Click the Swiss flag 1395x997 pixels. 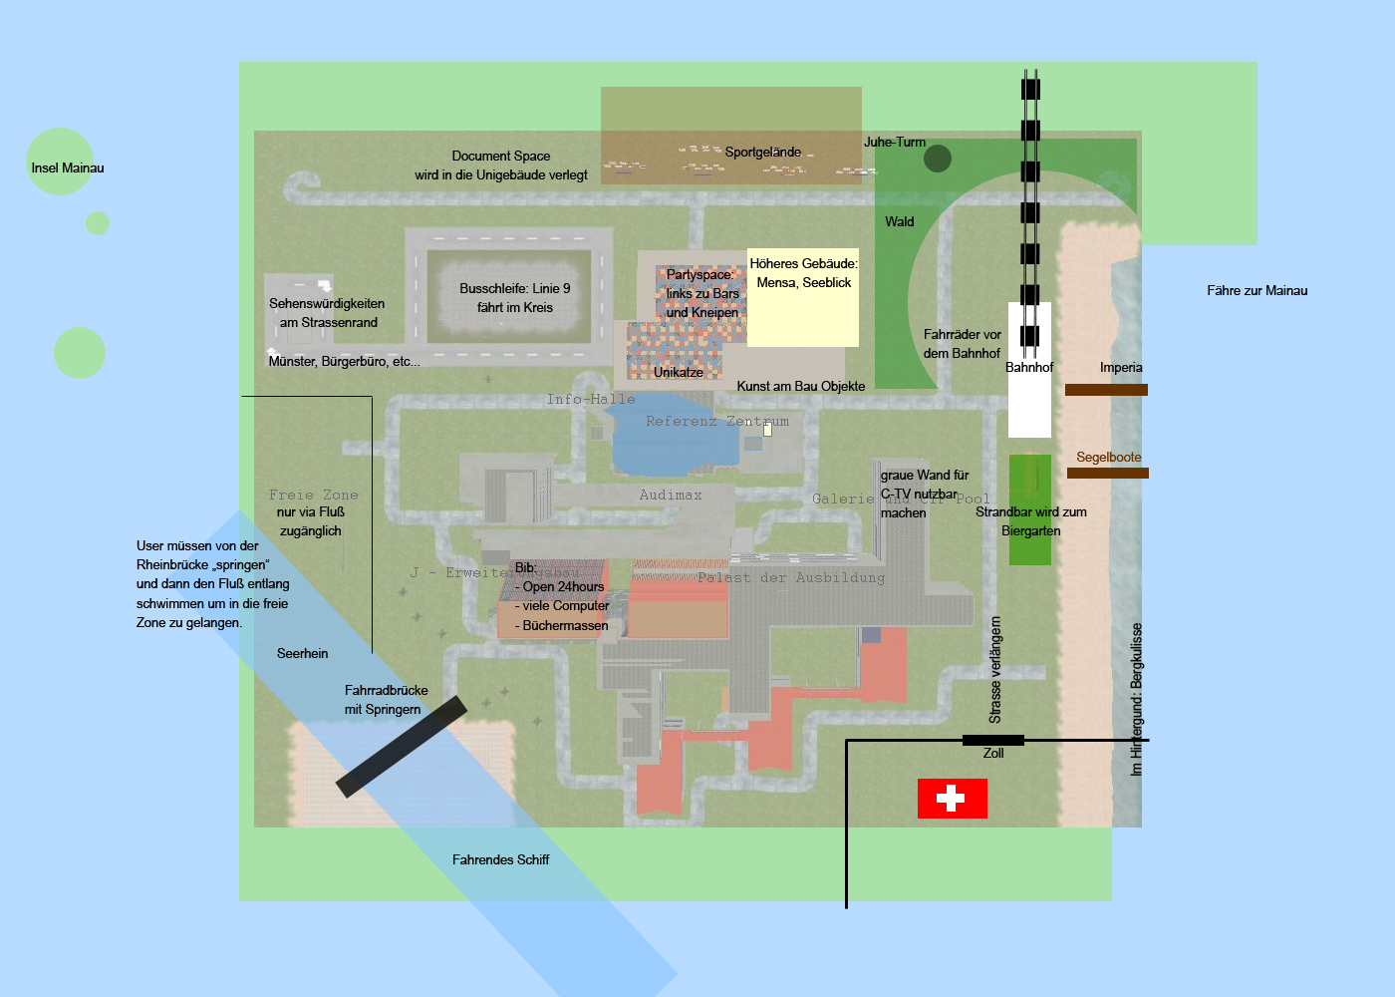pyautogui.click(x=952, y=798)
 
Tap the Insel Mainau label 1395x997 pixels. pyautogui.click(x=68, y=168)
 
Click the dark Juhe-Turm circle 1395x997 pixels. pyautogui.click(x=938, y=159)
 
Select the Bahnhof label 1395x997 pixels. pyautogui.click(x=1029, y=368)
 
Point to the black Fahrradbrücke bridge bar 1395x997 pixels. pyautogui.click(x=402, y=747)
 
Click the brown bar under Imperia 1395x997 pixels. pyautogui.click(x=1106, y=390)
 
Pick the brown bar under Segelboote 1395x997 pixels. pyautogui.click(x=1108, y=474)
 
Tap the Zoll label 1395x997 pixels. pyautogui.click(x=993, y=754)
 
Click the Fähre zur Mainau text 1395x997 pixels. pyautogui.click(x=1256, y=291)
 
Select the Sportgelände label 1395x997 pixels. pyautogui.click(x=762, y=153)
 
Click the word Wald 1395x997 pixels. pyautogui.click(x=899, y=222)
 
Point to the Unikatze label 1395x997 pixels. pyautogui.click(x=679, y=373)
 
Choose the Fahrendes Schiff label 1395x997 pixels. pyautogui.click(x=500, y=860)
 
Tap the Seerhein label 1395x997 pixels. pyautogui.click(x=302, y=654)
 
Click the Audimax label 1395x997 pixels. pyautogui.click(x=671, y=496)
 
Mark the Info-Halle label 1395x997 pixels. pyautogui.click(x=591, y=400)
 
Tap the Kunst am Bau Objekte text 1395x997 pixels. pyautogui.click(x=801, y=387)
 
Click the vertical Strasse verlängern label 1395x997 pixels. pyautogui.click(x=995, y=670)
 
